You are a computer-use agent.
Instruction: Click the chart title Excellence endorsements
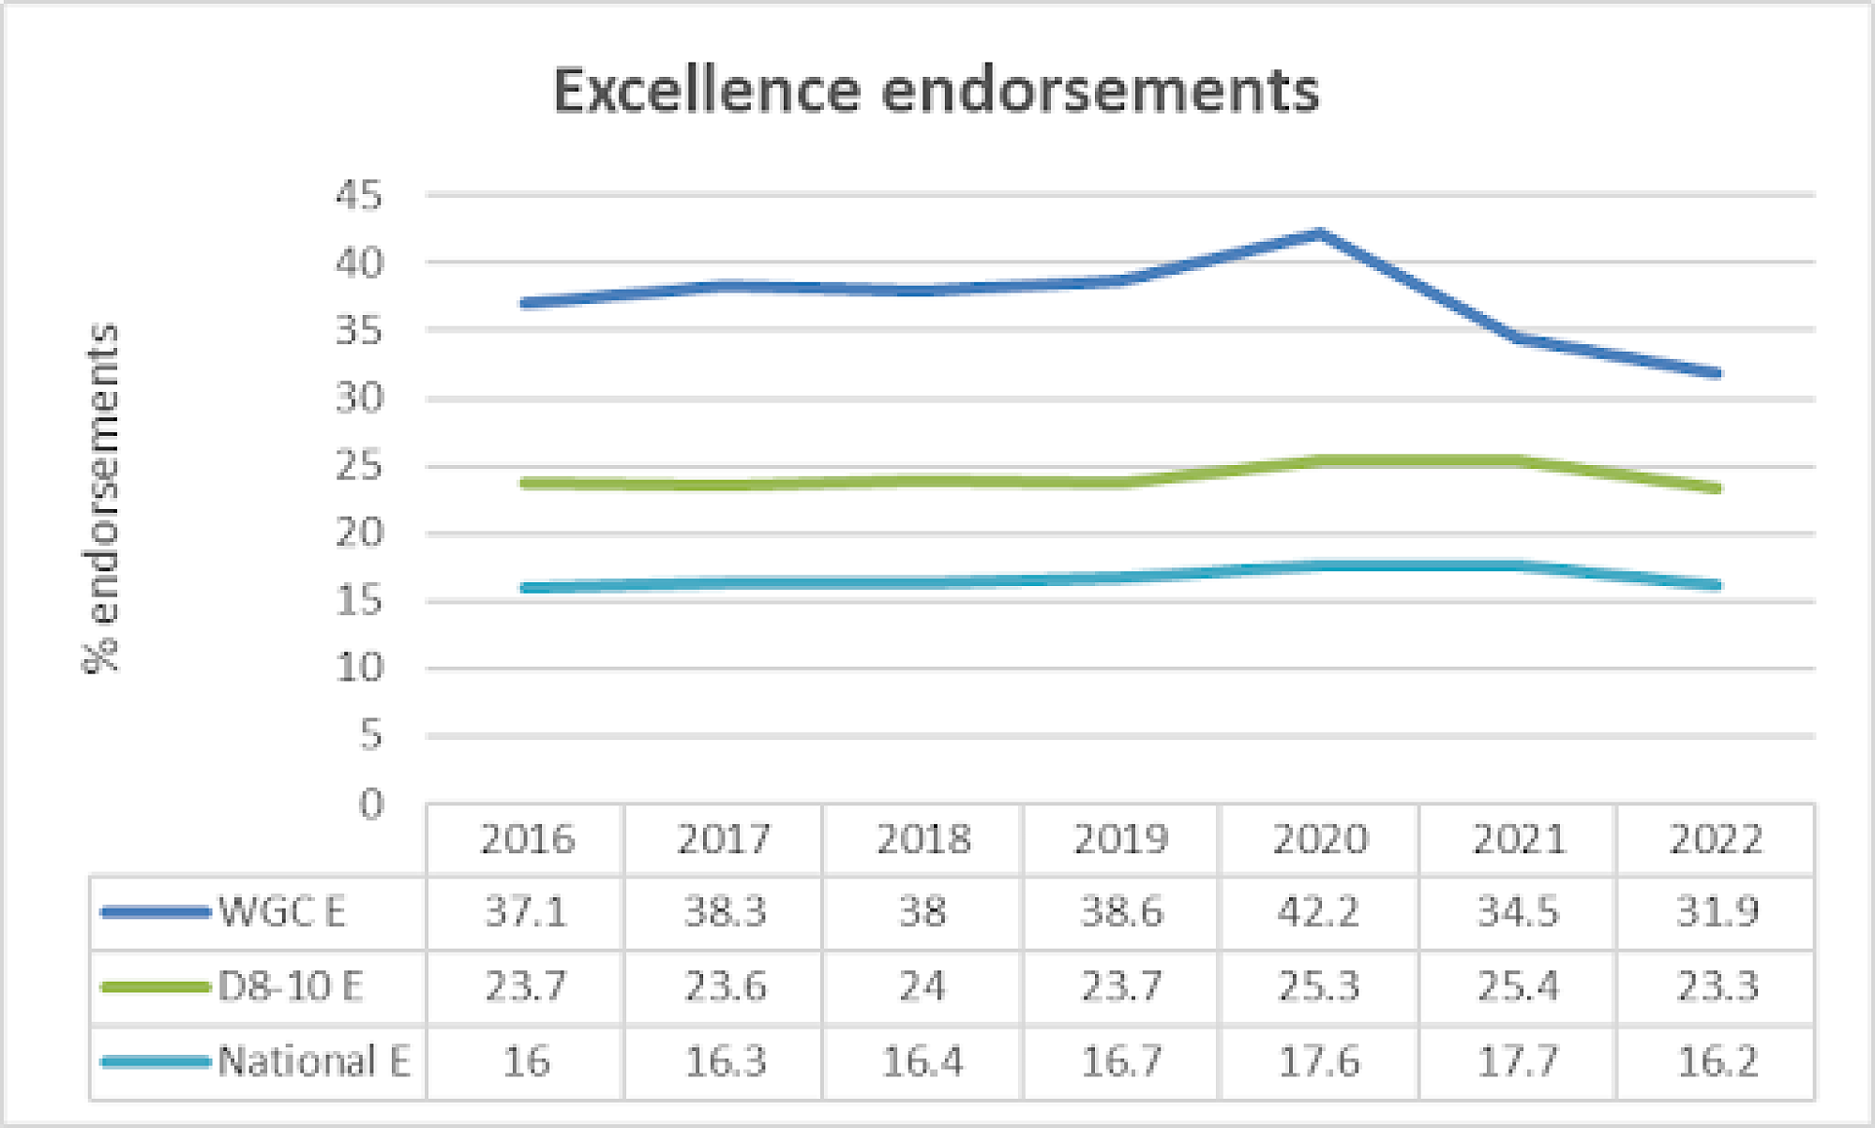click(936, 91)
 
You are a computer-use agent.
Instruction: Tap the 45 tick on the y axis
click(360, 196)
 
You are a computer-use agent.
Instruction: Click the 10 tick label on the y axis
click(360, 669)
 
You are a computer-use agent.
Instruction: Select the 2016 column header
click(527, 839)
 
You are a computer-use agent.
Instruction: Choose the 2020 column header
click(1319, 839)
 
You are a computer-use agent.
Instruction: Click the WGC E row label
click(281, 911)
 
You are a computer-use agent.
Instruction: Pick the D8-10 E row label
click(290, 986)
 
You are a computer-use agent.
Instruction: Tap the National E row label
click(313, 1061)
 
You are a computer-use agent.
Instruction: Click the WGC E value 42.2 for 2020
click(1319, 911)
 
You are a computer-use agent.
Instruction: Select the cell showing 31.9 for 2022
click(1717, 911)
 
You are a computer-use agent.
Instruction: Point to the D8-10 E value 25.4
click(1518, 986)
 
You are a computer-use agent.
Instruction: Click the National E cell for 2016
click(527, 1061)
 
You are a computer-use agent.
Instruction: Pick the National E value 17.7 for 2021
click(1518, 1061)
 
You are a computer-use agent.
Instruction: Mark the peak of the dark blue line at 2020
click(1319, 233)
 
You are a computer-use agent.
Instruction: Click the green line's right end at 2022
click(1716, 489)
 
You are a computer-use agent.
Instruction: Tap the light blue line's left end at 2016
click(526, 588)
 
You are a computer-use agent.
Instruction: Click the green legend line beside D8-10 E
click(155, 986)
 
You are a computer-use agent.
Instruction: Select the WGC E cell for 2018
click(922, 911)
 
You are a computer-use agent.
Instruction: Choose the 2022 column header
click(1717, 839)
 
